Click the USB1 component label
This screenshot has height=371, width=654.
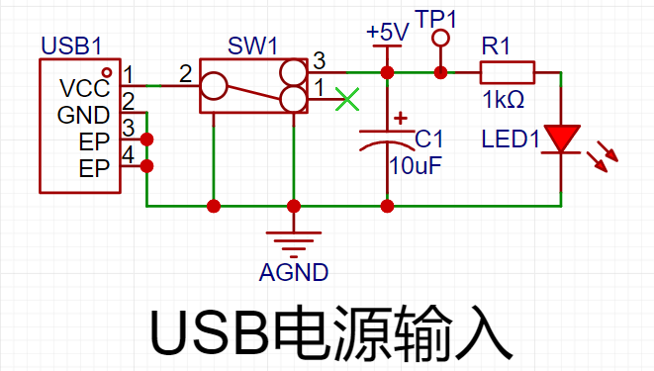click(71, 46)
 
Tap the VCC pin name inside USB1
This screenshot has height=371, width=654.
click(85, 88)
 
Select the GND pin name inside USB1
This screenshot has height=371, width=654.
click(83, 115)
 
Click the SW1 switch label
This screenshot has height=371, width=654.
click(252, 46)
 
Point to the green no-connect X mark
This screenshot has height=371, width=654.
click(347, 99)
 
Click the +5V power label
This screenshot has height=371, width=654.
click(388, 32)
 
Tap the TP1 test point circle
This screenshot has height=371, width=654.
click(440, 39)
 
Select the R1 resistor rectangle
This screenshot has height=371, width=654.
click(508, 72)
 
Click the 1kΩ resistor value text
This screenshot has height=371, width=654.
click(504, 100)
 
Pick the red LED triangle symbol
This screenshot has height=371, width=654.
click(561, 138)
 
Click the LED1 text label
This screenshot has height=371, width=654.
click(511, 139)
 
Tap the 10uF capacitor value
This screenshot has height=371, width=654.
click(416, 166)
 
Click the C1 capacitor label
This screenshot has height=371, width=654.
click(428, 139)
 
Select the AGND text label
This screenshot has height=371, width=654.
click(294, 273)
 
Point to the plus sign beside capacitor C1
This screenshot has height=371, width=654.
click(401, 118)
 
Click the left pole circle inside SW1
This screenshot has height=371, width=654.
click(214, 86)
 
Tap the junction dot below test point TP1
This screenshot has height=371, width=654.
click(440, 72)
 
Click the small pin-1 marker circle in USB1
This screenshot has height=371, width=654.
click(107, 72)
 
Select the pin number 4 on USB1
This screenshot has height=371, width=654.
click(128, 154)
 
